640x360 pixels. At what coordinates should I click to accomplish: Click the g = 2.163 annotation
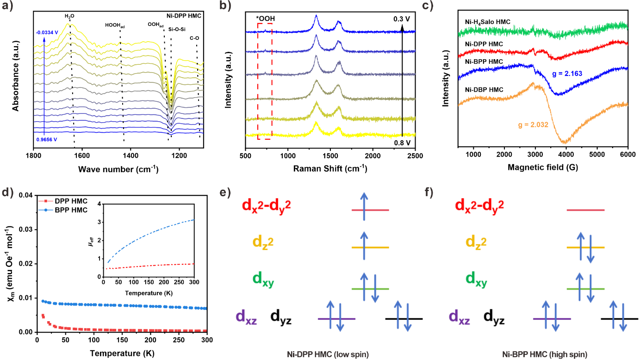pos(567,74)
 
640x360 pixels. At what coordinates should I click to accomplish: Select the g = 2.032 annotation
pos(533,124)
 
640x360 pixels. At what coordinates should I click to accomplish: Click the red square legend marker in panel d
pos(46,201)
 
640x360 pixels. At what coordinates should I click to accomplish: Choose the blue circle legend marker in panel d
pos(46,210)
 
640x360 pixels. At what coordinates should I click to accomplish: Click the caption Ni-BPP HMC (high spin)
pos(545,354)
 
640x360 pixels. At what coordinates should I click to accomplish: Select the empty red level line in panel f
pos(585,211)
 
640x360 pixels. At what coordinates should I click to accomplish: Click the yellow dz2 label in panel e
pos(263,241)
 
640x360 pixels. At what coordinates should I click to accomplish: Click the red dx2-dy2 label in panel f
pos(479,205)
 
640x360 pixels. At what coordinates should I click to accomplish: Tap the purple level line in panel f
pos(552,319)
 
